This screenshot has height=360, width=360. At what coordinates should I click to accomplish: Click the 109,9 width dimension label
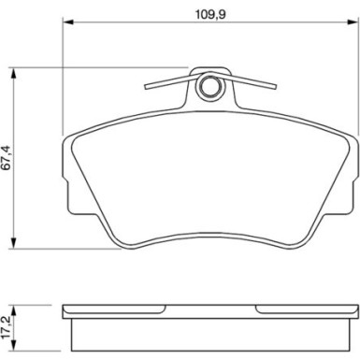click(x=210, y=14)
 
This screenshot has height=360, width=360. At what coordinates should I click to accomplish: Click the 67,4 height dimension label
click(x=7, y=157)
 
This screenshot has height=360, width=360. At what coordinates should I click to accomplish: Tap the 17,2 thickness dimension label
click(x=7, y=327)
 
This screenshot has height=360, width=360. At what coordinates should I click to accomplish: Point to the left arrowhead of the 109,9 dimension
click(x=68, y=22)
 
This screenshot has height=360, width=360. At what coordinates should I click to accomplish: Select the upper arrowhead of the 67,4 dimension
click(x=13, y=73)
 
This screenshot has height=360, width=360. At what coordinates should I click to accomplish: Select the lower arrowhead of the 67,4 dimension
click(x=13, y=243)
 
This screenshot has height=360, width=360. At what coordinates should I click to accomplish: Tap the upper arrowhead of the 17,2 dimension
click(x=13, y=310)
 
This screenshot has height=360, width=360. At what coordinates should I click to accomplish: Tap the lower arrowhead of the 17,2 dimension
click(x=13, y=346)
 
